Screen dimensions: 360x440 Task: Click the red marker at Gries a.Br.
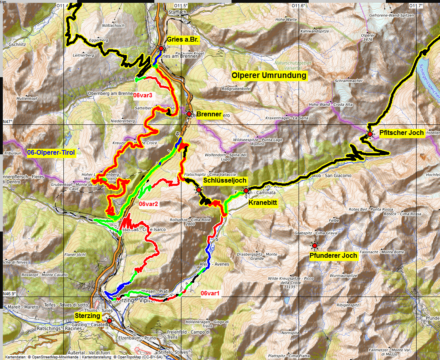(x=161, y=48)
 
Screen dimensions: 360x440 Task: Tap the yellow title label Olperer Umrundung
(x=269, y=76)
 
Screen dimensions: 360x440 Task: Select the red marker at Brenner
(x=189, y=114)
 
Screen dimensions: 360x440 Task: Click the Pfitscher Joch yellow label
(x=402, y=133)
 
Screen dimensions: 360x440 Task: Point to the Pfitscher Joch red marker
(x=370, y=134)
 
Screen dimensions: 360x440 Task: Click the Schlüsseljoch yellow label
(x=225, y=180)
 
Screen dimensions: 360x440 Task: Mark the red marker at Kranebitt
(x=246, y=191)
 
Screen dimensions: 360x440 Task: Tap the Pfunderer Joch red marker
(x=314, y=246)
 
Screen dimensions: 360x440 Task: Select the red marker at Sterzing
(x=109, y=320)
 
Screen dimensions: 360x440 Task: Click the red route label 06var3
(x=143, y=96)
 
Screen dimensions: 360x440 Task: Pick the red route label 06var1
(x=210, y=293)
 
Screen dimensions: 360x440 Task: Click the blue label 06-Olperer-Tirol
(x=52, y=153)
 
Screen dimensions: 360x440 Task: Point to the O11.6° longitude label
(x=299, y=6)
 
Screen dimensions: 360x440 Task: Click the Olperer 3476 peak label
(x=367, y=37)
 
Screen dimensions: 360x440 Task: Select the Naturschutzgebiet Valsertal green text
(x=293, y=65)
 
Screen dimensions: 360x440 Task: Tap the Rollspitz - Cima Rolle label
(x=185, y=221)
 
